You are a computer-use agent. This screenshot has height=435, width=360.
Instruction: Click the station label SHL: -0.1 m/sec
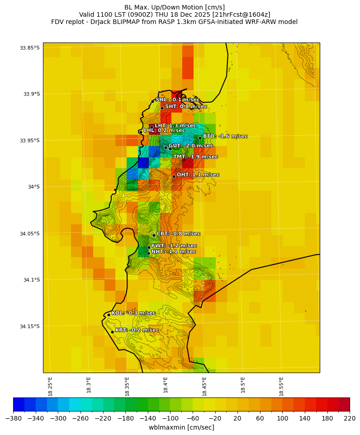click(177, 99)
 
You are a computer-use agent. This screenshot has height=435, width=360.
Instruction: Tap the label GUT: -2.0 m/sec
click(190, 146)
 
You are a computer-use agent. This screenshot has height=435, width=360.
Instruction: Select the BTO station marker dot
click(200, 138)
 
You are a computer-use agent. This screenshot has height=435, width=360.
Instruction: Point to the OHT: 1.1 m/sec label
click(198, 175)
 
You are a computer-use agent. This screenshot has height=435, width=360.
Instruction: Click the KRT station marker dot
click(112, 332)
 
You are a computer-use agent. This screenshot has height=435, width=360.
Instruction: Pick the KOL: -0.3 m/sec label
click(133, 313)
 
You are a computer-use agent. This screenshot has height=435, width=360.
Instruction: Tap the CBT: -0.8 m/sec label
click(178, 234)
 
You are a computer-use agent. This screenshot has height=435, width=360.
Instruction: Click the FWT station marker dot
click(149, 247)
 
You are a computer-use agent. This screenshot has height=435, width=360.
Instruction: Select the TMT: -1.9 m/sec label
click(195, 156)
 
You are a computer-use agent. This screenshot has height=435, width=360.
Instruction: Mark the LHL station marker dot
click(141, 132)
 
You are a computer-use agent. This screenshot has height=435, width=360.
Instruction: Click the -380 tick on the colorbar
click(13, 418)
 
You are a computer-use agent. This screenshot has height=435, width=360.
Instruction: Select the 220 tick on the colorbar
click(350, 418)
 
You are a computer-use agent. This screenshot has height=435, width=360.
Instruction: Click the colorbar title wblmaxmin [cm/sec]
click(181, 427)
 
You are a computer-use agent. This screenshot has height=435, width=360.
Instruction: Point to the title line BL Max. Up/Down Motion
click(174, 7)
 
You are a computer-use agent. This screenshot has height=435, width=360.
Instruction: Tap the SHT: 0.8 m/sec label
click(186, 107)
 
